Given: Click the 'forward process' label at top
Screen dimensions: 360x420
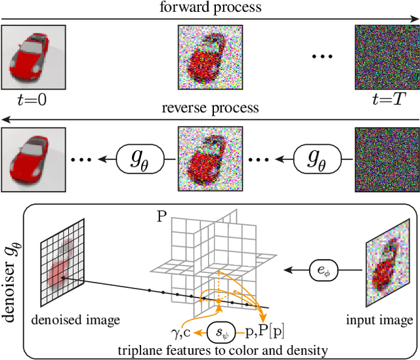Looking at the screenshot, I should coord(209,7).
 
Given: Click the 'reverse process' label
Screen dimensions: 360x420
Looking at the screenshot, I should coord(209,108).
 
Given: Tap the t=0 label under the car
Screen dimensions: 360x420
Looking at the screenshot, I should coord(24,100).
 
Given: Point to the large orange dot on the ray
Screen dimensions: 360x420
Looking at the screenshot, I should coord(219,302).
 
